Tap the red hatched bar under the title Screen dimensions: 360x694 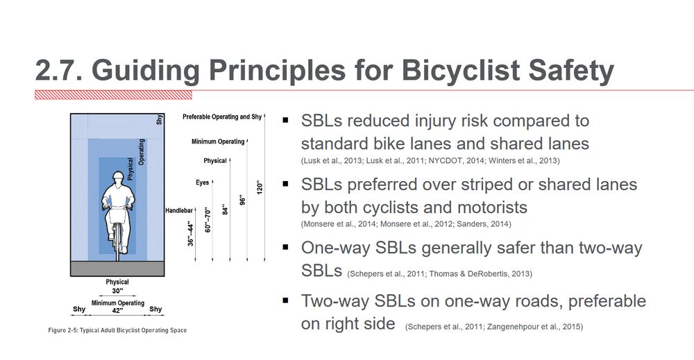pos(113,95)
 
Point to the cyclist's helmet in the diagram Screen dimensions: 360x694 pos(117,177)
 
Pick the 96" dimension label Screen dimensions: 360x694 pos(242,198)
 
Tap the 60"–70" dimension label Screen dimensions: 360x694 pos(207,219)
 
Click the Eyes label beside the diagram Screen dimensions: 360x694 pos(202,183)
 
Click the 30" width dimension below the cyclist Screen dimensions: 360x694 pos(117,291)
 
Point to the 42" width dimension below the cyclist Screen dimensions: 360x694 pos(117,311)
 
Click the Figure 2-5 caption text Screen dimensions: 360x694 pos(112,330)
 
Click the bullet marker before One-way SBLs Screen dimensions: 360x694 pos(285,248)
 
